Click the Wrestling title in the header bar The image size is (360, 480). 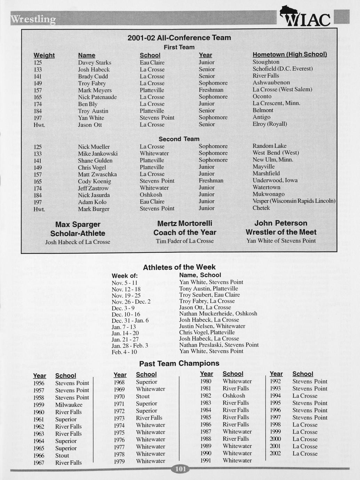coord(33,19)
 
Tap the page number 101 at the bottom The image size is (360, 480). coord(181,469)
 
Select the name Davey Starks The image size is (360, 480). coord(95,63)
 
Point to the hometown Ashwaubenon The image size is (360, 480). coord(271,82)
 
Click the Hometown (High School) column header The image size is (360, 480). coord(289,55)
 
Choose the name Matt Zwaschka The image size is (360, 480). coord(97,174)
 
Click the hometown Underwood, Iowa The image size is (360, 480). coord(275,180)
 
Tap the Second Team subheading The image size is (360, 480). coord(179,139)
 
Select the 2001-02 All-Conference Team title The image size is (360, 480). coord(179,38)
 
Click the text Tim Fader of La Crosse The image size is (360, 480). coord(185,241)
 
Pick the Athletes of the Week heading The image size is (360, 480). coord(179,267)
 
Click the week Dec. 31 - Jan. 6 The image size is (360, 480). coord(130,320)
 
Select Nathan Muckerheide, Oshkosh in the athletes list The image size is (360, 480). coord(218,313)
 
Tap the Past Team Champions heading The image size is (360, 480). coord(179,363)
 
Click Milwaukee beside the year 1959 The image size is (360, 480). coord(69,405)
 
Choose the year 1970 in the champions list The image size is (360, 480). coord(119,397)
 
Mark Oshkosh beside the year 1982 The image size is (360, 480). coord(234,395)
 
